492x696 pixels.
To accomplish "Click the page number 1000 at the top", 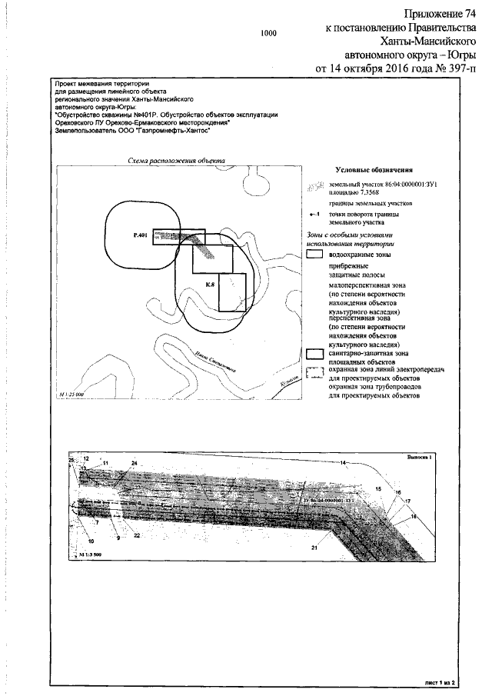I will pyautogui.click(x=268, y=34).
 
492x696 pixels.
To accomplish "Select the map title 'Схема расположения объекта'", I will pyautogui.click(x=176, y=161).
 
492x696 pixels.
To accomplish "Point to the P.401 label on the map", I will pyautogui.click(x=139, y=232).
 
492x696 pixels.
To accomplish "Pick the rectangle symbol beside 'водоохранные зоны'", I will pyautogui.click(x=314, y=253).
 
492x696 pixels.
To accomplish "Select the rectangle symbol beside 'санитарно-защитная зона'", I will pyautogui.click(x=314, y=355).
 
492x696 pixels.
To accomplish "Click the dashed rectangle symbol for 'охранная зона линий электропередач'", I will pyautogui.click(x=314, y=373).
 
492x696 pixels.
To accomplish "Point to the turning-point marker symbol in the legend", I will pyautogui.click(x=314, y=216).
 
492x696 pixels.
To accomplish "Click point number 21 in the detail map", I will pyautogui.click(x=314, y=548).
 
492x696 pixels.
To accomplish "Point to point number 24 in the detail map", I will pyautogui.click(x=134, y=462).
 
